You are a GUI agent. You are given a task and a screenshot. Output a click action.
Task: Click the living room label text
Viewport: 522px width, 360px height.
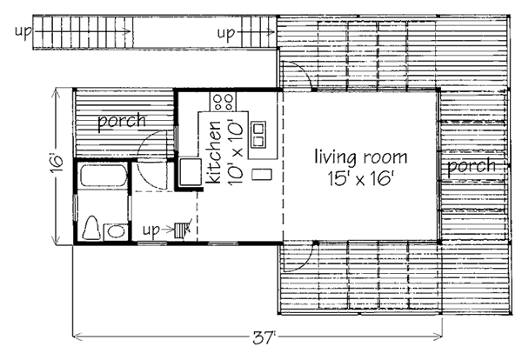[361, 157]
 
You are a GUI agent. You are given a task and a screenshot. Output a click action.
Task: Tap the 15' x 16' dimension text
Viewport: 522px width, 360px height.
[361, 178]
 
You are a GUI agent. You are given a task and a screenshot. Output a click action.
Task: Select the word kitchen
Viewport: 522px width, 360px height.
[213, 152]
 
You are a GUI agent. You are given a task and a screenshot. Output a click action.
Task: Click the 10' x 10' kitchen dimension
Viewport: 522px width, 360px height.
[235, 153]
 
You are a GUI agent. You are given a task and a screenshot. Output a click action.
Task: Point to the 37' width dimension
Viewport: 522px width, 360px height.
[264, 337]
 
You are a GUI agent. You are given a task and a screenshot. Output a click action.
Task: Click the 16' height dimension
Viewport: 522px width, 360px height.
[57, 163]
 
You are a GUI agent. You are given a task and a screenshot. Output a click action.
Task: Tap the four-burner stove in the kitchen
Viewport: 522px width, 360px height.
[223, 102]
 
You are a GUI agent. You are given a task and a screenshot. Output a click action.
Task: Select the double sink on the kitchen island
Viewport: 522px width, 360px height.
[258, 135]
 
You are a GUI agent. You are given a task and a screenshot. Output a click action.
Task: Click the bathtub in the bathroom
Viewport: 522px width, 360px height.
[103, 176]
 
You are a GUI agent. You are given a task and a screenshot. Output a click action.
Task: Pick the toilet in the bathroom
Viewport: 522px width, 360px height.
[91, 228]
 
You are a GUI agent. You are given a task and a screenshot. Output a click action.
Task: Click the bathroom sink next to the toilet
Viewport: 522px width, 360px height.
[115, 231]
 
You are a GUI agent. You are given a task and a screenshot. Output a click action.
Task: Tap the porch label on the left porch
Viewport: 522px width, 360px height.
[122, 121]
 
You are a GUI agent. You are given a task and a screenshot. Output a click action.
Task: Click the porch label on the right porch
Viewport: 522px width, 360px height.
[472, 166]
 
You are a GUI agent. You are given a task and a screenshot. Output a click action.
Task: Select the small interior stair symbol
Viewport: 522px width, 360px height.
[181, 230]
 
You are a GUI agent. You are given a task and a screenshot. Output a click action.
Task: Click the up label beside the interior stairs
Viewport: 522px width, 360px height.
[151, 230]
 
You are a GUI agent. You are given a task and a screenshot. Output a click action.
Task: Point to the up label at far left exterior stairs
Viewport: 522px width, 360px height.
[23, 32]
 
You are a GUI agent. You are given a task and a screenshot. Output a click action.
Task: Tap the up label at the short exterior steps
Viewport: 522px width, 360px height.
[226, 34]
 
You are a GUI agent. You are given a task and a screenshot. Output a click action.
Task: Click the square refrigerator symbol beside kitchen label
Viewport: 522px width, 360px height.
[191, 171]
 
